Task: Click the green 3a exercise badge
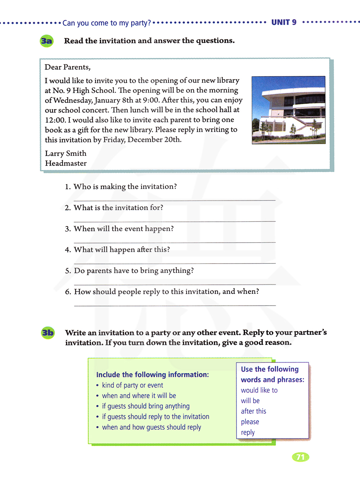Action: (46, 41)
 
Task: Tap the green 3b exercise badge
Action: (48, 333)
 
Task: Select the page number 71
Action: (300, 457)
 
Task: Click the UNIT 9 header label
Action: (284, 22)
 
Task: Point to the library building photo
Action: (288, 110)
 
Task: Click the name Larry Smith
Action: (66, 153)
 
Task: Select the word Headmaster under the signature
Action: (66, 163)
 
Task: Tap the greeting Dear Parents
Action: (67, 67)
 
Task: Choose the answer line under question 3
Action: (175, 242)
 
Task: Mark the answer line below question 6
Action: (175, 305)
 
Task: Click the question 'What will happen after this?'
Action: (122, 250)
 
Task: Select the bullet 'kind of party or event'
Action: (132, 385)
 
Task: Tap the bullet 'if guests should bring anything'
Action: (145, 406)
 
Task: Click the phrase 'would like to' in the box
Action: (259, 390)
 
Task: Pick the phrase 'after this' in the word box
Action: (253, 411)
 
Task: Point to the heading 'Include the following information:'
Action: (152, 374)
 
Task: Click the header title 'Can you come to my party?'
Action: (107, 23)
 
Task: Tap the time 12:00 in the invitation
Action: (55, 120)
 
